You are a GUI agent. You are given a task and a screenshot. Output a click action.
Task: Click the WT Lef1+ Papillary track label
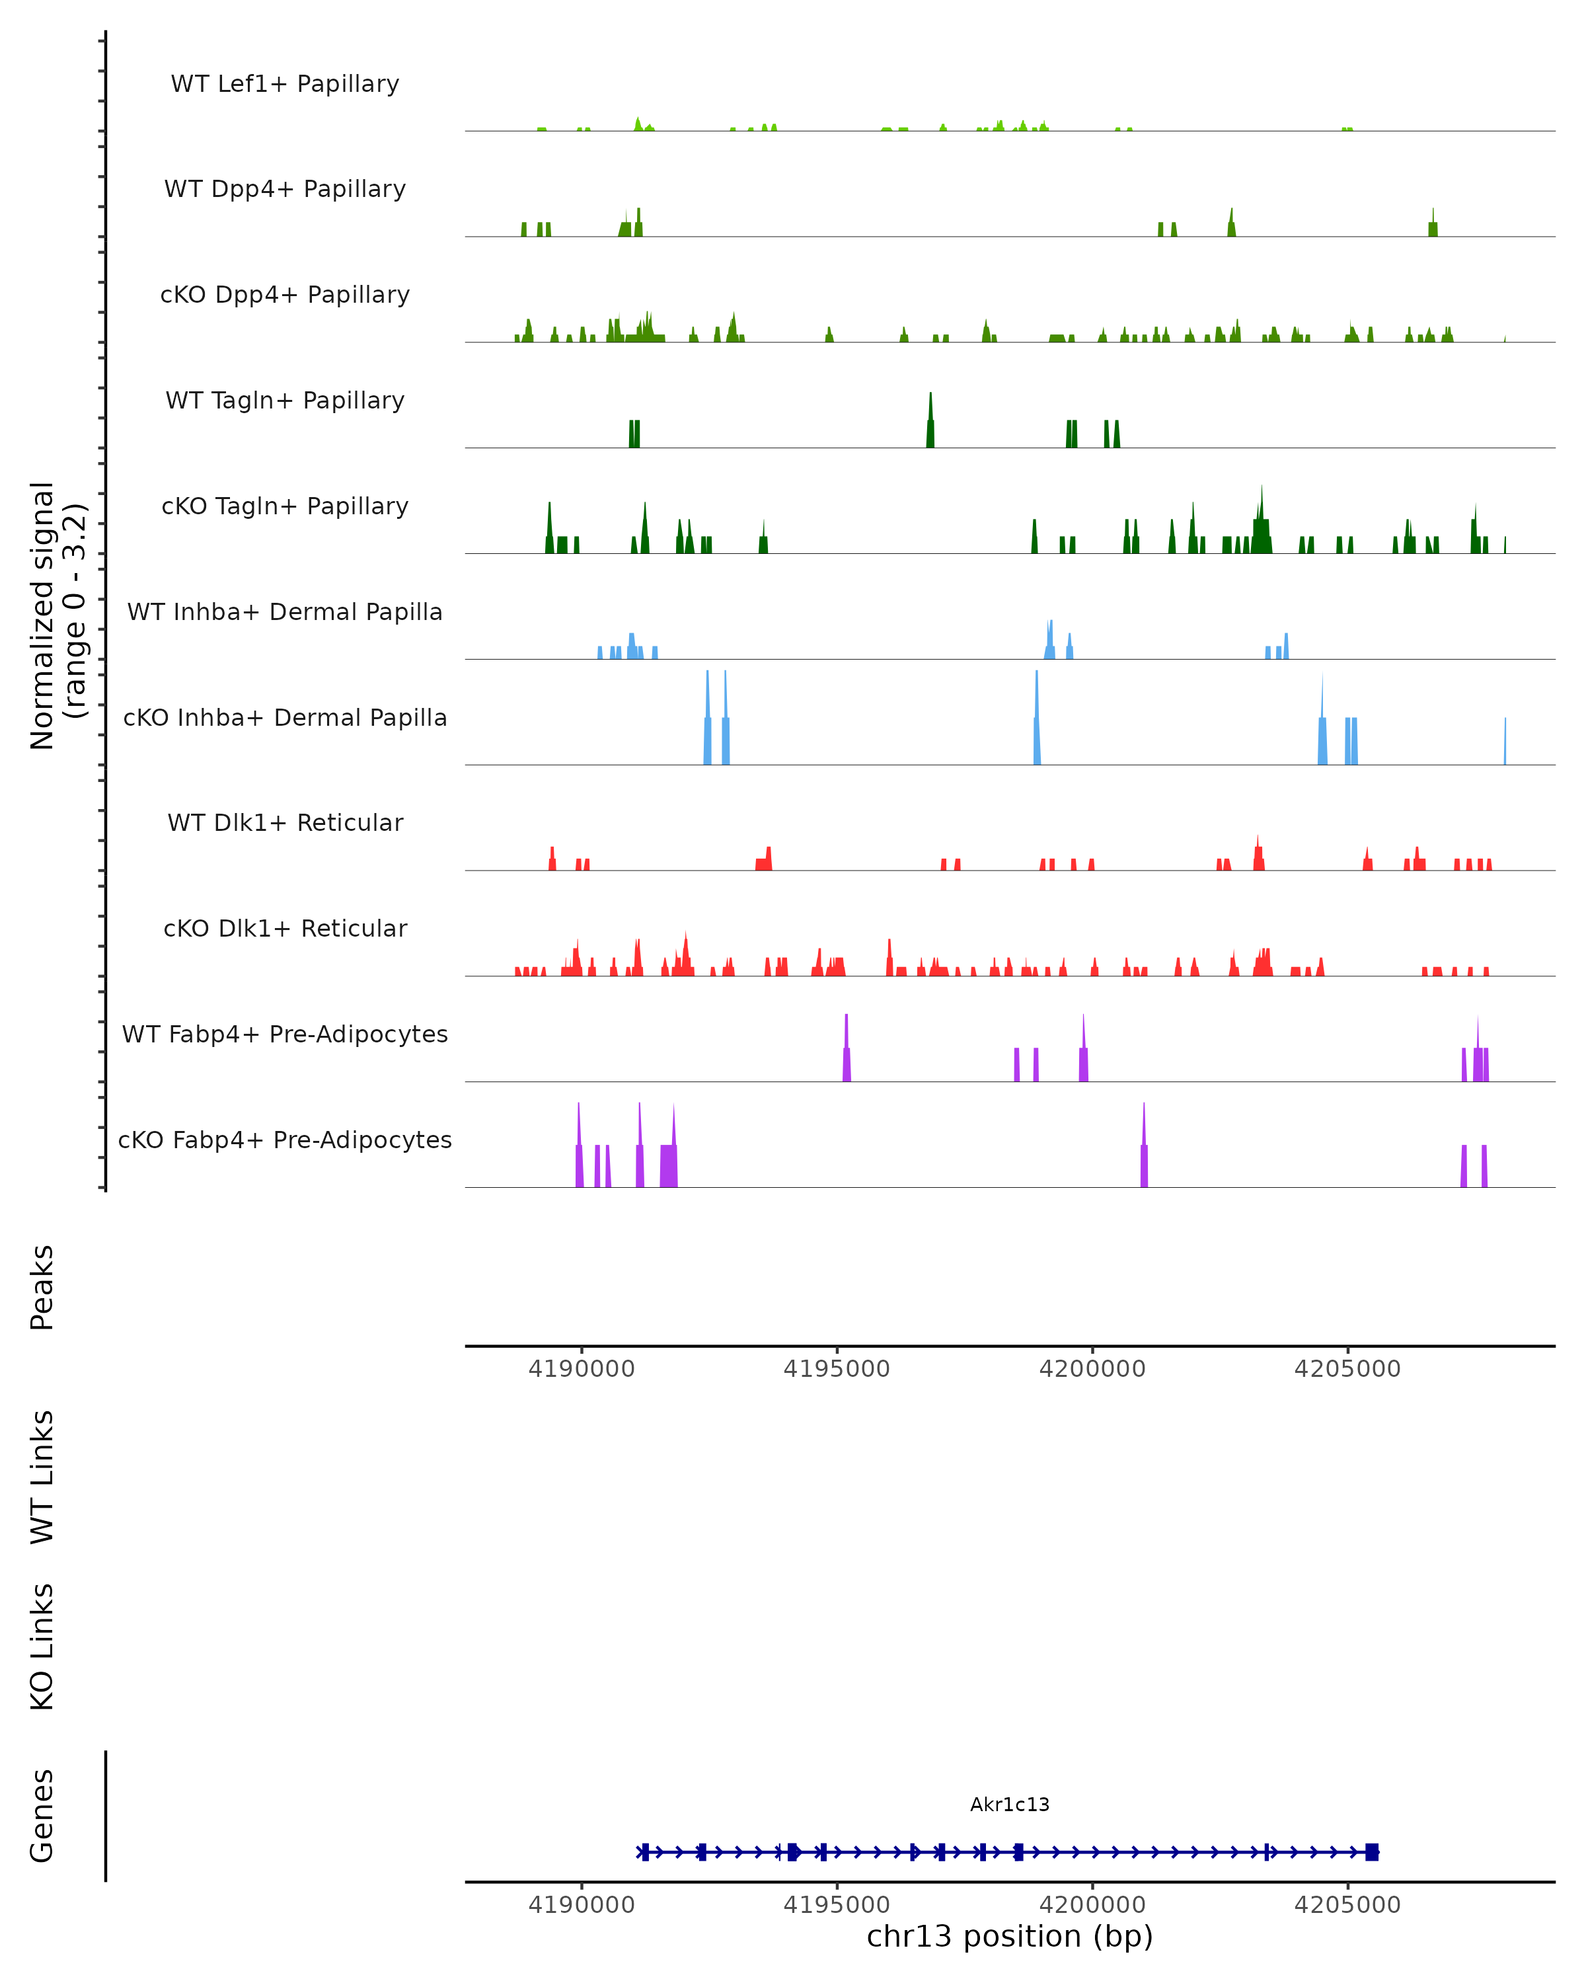click(285, 84)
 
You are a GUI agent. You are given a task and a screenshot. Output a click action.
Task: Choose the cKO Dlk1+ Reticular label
click(285, 928)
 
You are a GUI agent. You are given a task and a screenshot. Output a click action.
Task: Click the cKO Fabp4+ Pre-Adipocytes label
click(285, 1140)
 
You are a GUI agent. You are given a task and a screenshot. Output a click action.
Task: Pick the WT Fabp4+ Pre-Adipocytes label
click(285, 1034)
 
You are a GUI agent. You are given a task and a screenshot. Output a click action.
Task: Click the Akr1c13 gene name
click(1010, 1805)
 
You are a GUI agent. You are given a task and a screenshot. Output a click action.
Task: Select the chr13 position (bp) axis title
click(1010, 1936)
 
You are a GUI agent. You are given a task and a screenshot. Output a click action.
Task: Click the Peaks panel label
click(42, 1287)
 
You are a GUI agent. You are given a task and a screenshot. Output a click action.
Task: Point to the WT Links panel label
click(42, 1476)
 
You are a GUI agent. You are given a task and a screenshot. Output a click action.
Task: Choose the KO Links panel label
click(42, 1647)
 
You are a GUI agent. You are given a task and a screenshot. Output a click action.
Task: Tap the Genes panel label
click(42, 1816)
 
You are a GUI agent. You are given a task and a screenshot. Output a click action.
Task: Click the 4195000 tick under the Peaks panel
click(837, 1369)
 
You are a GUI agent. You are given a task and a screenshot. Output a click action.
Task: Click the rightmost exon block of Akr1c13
click(1372, 1852)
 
